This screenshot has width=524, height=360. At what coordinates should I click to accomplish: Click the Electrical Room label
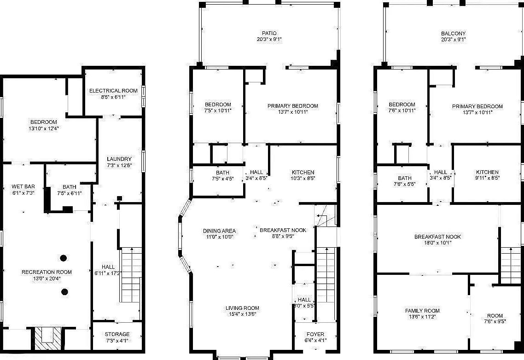click(113, 91)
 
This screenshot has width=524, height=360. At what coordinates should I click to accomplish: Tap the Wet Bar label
click(23, 186)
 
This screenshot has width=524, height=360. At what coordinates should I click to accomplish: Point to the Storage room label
click(117, 334)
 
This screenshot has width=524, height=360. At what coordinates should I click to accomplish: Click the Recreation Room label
click(47, 272)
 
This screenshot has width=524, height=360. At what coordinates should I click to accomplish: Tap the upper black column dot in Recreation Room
click(64, 257)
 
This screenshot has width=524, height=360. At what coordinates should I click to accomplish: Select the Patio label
click(269, 33)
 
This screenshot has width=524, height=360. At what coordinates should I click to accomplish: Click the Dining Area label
click(219, 231)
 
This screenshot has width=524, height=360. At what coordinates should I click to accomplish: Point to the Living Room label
click(242, 308)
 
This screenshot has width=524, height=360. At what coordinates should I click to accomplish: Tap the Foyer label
click(315, 334)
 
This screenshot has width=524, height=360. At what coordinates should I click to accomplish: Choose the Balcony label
click(453, 34)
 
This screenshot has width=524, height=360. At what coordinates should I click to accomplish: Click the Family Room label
click(422, 311)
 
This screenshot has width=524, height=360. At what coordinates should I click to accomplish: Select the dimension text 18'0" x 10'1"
click(437, 243)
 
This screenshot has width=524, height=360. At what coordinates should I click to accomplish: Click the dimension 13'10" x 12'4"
click(43, 128)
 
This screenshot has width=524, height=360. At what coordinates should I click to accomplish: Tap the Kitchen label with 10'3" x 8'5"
click(303, 172)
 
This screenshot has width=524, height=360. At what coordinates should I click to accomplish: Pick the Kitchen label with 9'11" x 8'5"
click(487, 172)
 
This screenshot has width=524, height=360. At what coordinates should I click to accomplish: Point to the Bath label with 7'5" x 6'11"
click(70, 186)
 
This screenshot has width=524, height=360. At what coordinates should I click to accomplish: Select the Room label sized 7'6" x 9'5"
click(495, 316)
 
